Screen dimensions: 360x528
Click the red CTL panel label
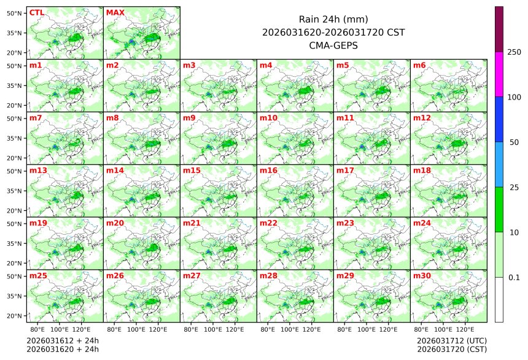[36, 12]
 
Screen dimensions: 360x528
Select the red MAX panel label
[115, 12]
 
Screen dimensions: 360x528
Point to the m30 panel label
[422, 276]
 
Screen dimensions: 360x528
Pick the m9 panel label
[190, 117]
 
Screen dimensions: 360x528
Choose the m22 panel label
[268, 223]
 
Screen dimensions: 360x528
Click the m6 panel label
[420, 65]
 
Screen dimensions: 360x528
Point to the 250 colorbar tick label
[514, 52]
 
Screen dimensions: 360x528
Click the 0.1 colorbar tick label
[514, 278]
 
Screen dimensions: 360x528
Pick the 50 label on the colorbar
[514, 143]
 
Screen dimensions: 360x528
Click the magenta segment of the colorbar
[499, 74]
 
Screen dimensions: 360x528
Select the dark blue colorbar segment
[499, 119]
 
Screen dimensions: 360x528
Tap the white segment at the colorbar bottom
[499, 300]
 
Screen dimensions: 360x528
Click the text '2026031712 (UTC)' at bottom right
[451, 340]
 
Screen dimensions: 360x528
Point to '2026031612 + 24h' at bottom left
[62, 340]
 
